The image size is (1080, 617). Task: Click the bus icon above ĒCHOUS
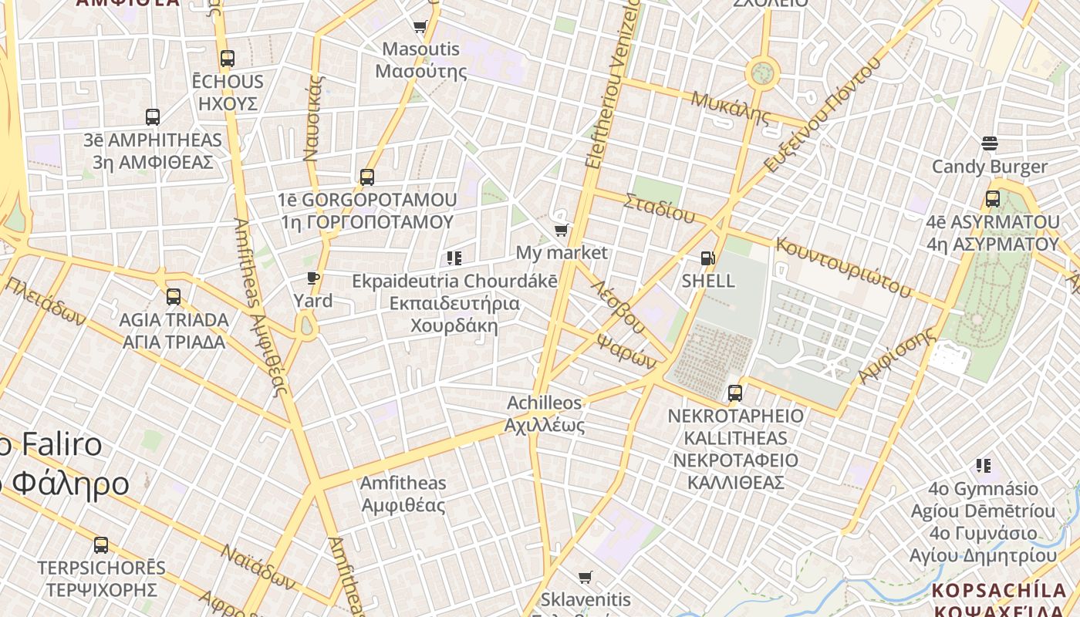(227, 58)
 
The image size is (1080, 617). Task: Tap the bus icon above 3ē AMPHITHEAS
(153, 117)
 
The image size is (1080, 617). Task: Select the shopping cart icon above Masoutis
(420, 27)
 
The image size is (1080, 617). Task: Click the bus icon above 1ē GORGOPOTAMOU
(367, 177)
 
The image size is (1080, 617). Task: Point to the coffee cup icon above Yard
(312, 278)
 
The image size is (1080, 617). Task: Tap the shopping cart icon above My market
(562, 230)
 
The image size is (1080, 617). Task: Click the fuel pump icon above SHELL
(707, 258)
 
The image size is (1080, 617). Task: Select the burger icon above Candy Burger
(990, 143)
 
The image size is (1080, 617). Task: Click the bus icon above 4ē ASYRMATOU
(993, 199)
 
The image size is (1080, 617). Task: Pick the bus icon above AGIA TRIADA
(174, 296)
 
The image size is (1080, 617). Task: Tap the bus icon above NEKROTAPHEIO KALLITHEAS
(735, 393)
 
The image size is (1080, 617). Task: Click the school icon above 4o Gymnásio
(983, 465)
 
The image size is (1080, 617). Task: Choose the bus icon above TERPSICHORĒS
(101, 545)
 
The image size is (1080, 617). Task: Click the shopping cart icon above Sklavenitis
(586, 577)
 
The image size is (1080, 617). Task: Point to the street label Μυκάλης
(730, 108)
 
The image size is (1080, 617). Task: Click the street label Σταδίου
(659, 207)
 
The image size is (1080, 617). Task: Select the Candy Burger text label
(990, 167)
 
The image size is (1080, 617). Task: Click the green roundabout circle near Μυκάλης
(762, 74)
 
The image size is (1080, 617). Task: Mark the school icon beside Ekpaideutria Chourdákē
(454, 258)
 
